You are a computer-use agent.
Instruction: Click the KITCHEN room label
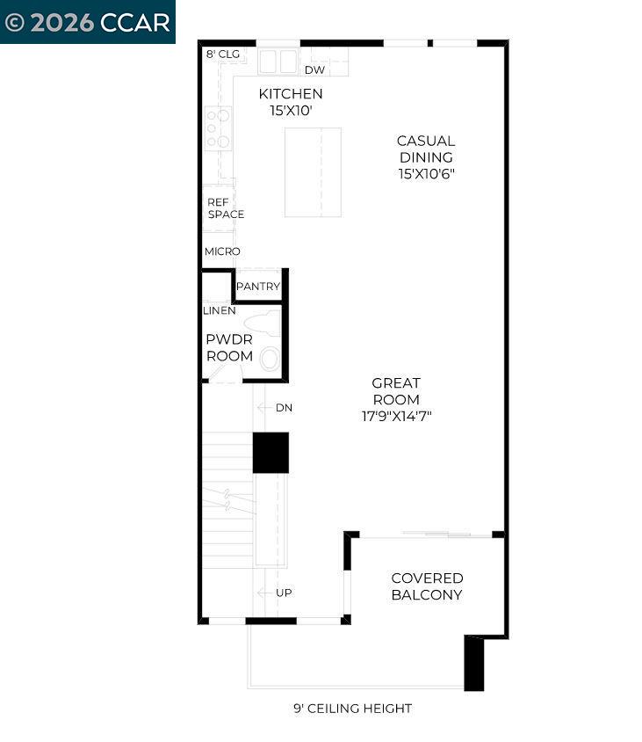pos(290,93)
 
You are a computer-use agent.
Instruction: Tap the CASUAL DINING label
pos(425,149)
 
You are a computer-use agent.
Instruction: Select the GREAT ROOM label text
pos(396,390)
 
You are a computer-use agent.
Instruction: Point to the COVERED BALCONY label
pos(427,586)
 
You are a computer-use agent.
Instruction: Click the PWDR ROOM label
pos(229,347)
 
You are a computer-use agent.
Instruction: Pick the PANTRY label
pos(258,287)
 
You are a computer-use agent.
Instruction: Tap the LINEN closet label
pos(219,310)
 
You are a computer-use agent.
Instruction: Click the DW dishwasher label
pos(314,70)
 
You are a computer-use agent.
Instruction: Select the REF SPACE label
pos(225,207)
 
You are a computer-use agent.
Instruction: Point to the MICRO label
pos(222,251)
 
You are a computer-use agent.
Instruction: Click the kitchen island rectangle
pos(313,172)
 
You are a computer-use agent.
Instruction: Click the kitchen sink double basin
pos(279,61)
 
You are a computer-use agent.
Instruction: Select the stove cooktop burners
pos(218,128)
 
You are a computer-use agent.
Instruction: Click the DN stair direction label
pos(284,408)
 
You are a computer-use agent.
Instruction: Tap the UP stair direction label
pos(284,593)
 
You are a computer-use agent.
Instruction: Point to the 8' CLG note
pos(222,55)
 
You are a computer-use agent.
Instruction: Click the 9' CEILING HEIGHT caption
pos(352,709)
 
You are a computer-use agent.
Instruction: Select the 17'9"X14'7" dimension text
pos(396,416)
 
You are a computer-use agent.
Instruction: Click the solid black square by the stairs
pos(271,453)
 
